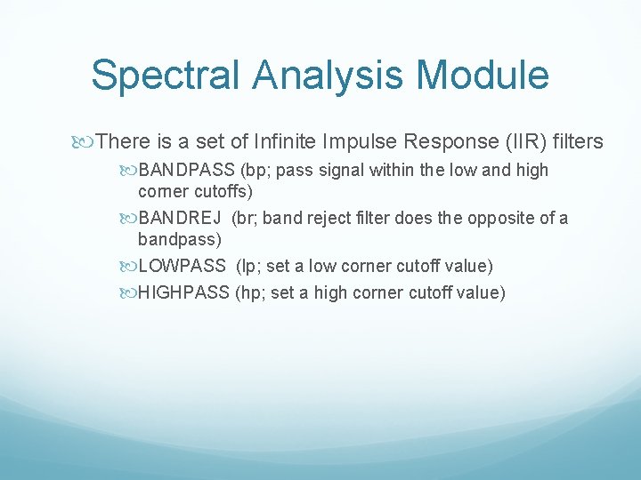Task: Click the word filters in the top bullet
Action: [x=578, y=141]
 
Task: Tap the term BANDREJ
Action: [x=181, y=219]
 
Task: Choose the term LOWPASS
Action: [x=183, y=267]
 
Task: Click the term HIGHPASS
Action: [x=184, y=292]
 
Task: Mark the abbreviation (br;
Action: [x=246, y=219]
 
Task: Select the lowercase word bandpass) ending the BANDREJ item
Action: [x=180, y=239]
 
